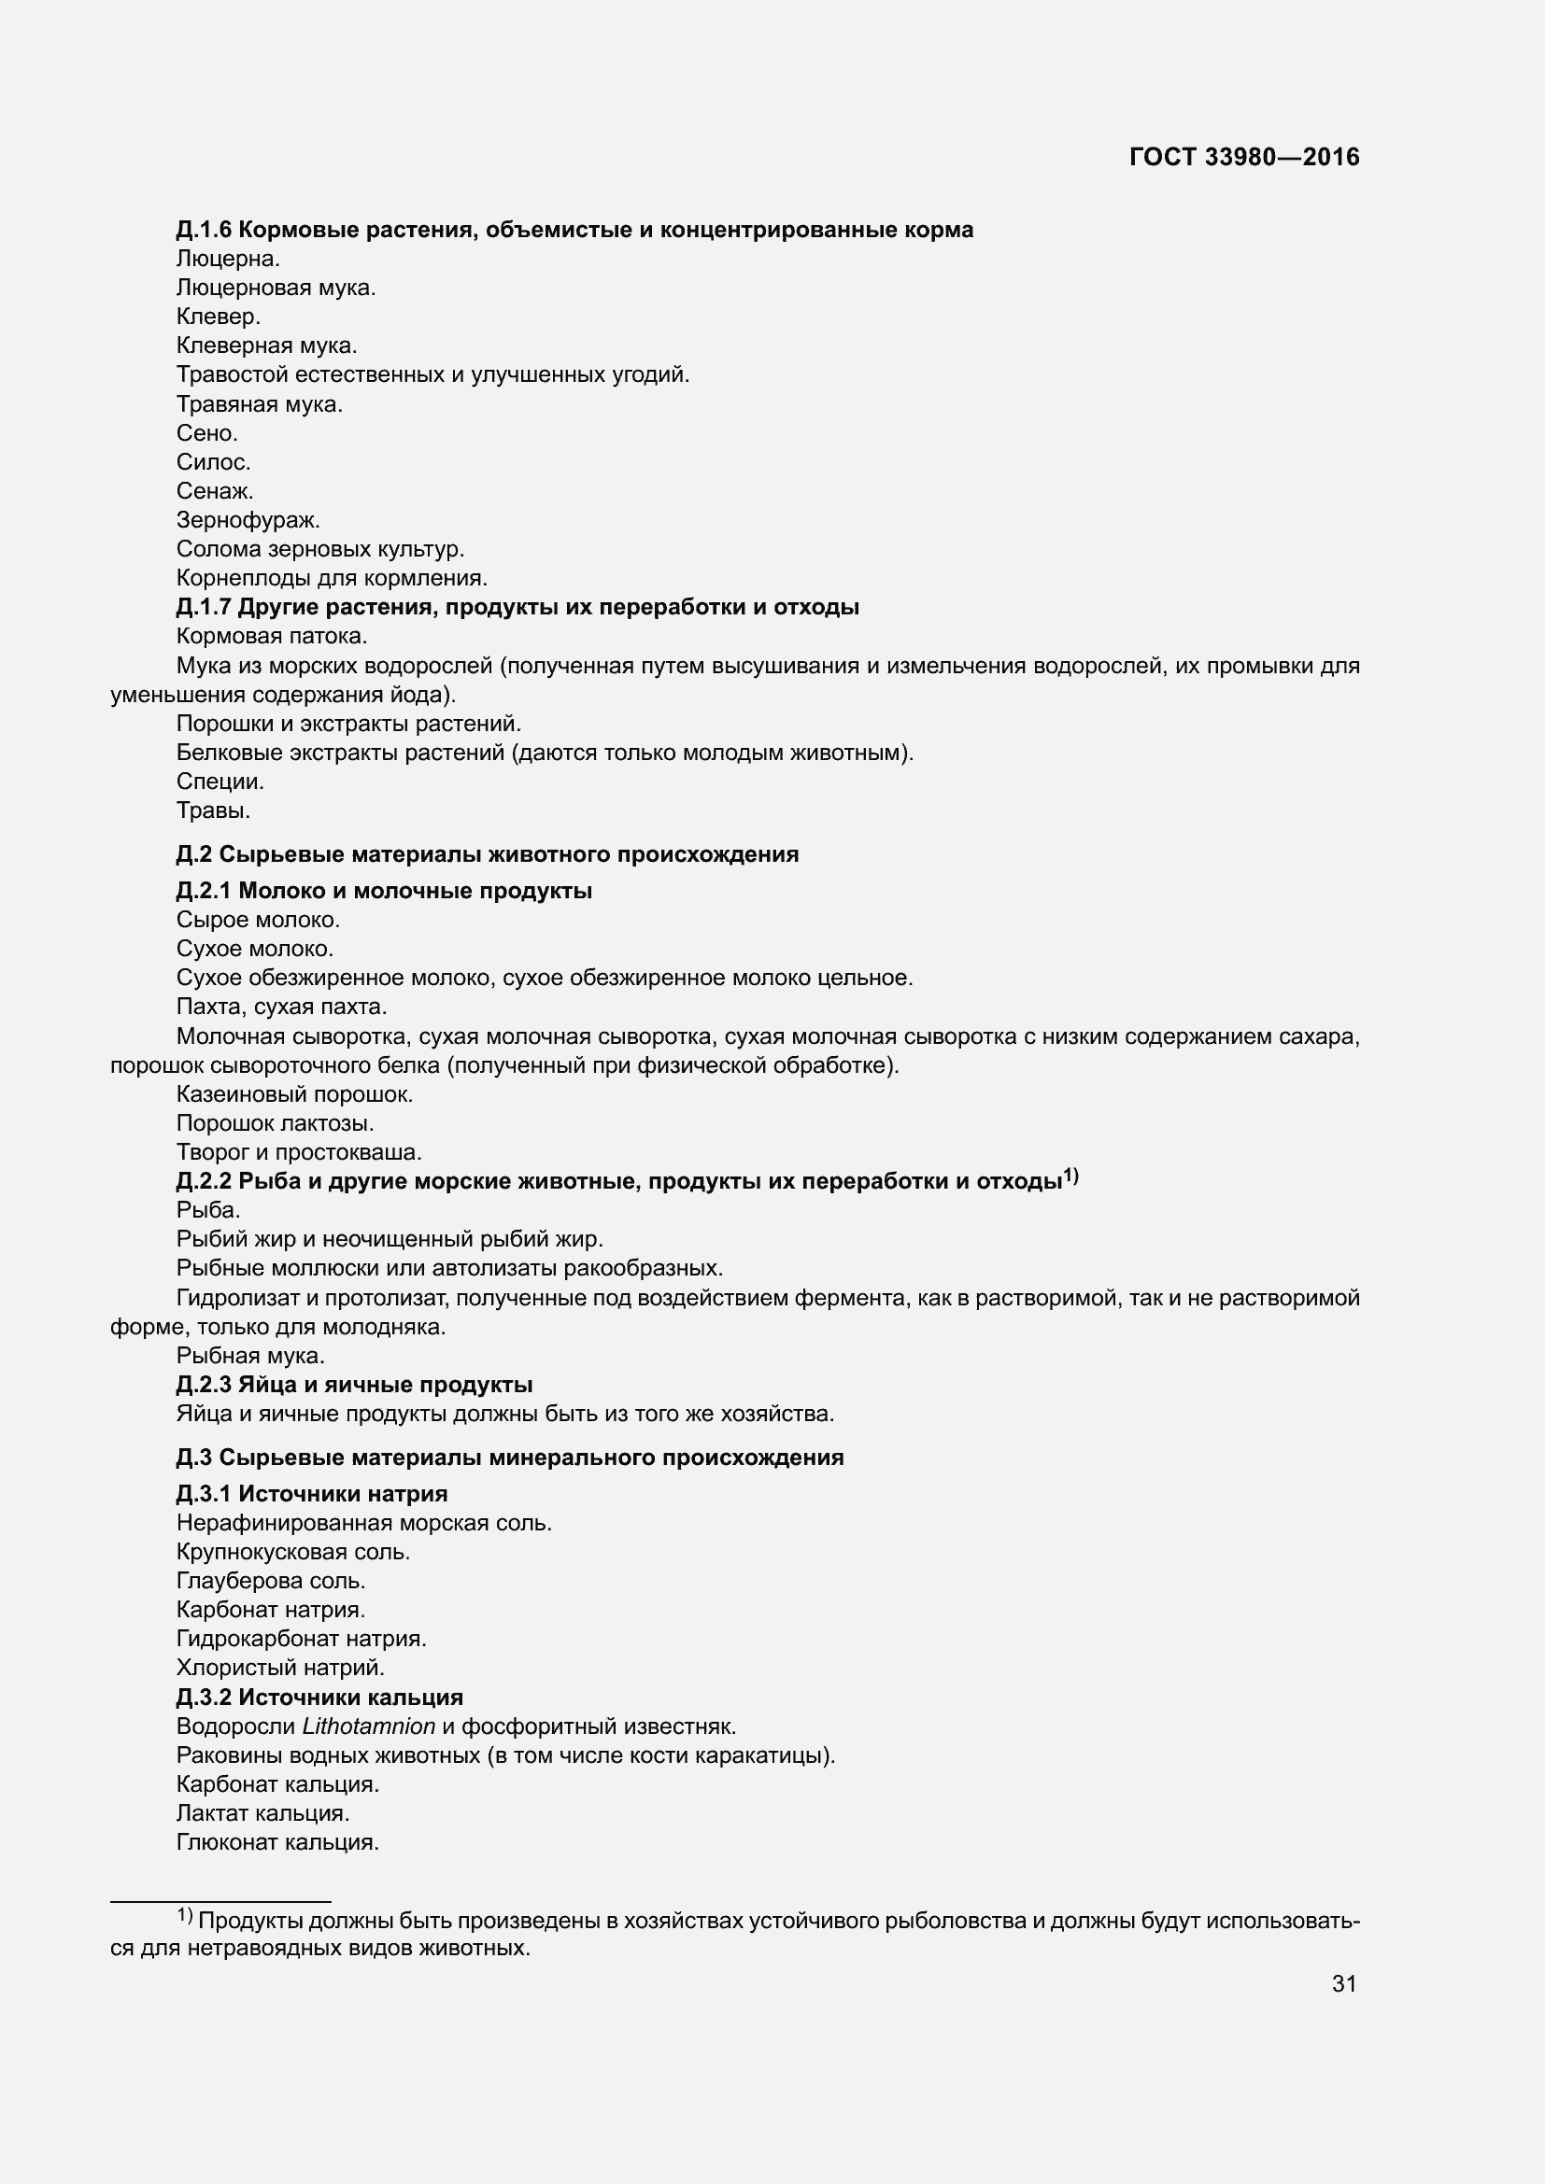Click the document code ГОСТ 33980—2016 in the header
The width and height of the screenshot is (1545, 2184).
(x=1244, y=158)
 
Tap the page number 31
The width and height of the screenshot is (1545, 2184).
(x=1343, y=1983)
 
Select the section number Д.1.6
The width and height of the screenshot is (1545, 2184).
(x=205, y=231)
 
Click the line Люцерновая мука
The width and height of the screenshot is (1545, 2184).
(x=276, y=289)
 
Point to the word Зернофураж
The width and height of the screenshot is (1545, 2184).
(x=248, y=520)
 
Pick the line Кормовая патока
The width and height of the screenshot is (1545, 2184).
(x=272, y=637)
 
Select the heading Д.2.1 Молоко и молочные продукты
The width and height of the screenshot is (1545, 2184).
(x=384, y=892)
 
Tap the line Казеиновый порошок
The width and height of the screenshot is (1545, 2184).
(x=295, y=1095)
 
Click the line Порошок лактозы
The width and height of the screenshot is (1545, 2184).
(x=275, y=1123)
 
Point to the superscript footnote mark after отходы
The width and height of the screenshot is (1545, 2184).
(x=1071, y=1177)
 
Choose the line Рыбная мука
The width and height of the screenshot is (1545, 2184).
(x=251, y=1357)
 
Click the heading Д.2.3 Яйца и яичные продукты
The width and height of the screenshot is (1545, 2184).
(x=354, y=1385)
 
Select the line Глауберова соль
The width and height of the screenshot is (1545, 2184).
(x=271, y=1581)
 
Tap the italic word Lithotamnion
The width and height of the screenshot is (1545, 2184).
(x=369, y=1726)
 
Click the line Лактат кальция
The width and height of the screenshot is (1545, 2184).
(x=263, y=1813)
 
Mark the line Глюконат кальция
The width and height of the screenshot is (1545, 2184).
(x=277, y=1842)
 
